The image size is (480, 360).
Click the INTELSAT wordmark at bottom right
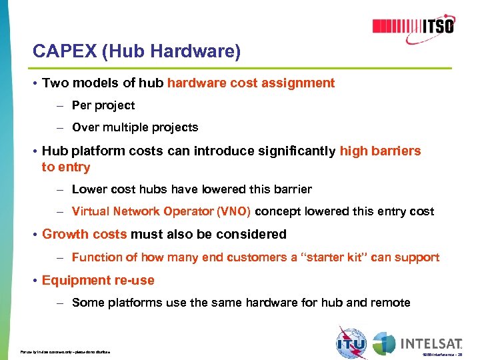[431, 344]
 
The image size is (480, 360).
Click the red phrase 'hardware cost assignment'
[251, 83]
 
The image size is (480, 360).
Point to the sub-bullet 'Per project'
[103, 105]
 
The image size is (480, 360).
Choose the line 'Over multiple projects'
[135, 127]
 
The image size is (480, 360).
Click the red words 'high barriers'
[380, 151]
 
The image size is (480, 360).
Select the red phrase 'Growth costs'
[85, 234]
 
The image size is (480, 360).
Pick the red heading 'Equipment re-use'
[98, 280]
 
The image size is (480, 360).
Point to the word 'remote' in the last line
[390, 303]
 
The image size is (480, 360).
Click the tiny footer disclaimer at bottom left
[65, 351]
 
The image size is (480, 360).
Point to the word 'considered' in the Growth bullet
[254, 234]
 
